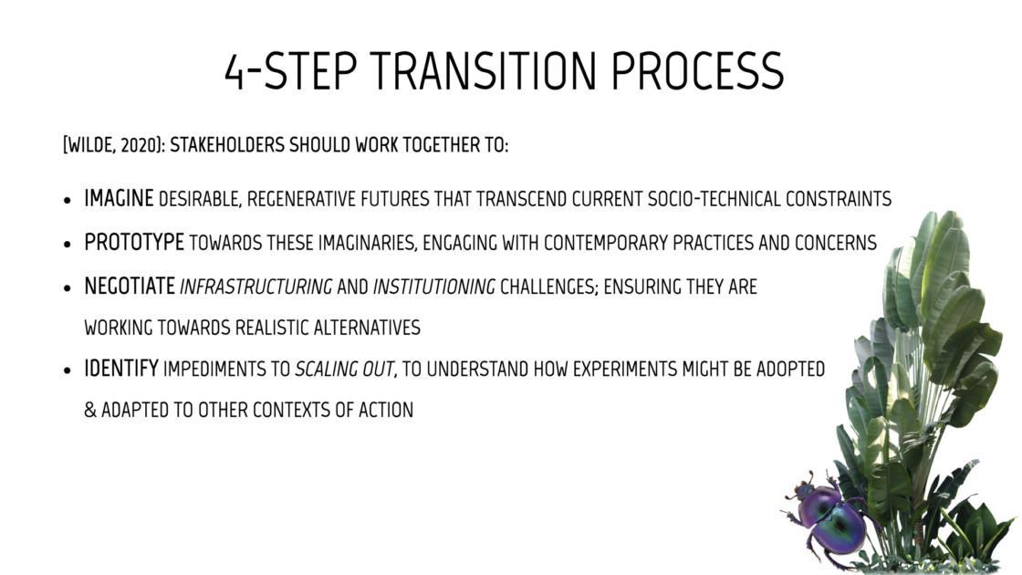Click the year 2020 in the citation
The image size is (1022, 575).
tap(139, 145)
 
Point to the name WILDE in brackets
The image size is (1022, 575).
tap(91, 145)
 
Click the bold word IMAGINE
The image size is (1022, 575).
tap(119, 198)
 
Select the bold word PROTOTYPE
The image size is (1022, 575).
tap(134, 243)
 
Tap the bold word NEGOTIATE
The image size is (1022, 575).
tap(130, 287)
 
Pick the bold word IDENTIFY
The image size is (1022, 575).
tap(121, 369)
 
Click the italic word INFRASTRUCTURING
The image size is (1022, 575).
tap(256, 287)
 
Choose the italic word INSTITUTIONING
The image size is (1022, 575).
tap(434, 287)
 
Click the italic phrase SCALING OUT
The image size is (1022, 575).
tap(344, 370)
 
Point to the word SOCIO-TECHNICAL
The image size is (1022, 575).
tap(714, 199)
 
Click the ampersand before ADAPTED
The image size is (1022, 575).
tap(90, 410)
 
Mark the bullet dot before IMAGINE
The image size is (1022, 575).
tap(68, 200)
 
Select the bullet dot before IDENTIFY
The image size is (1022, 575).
tap(68, 371)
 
